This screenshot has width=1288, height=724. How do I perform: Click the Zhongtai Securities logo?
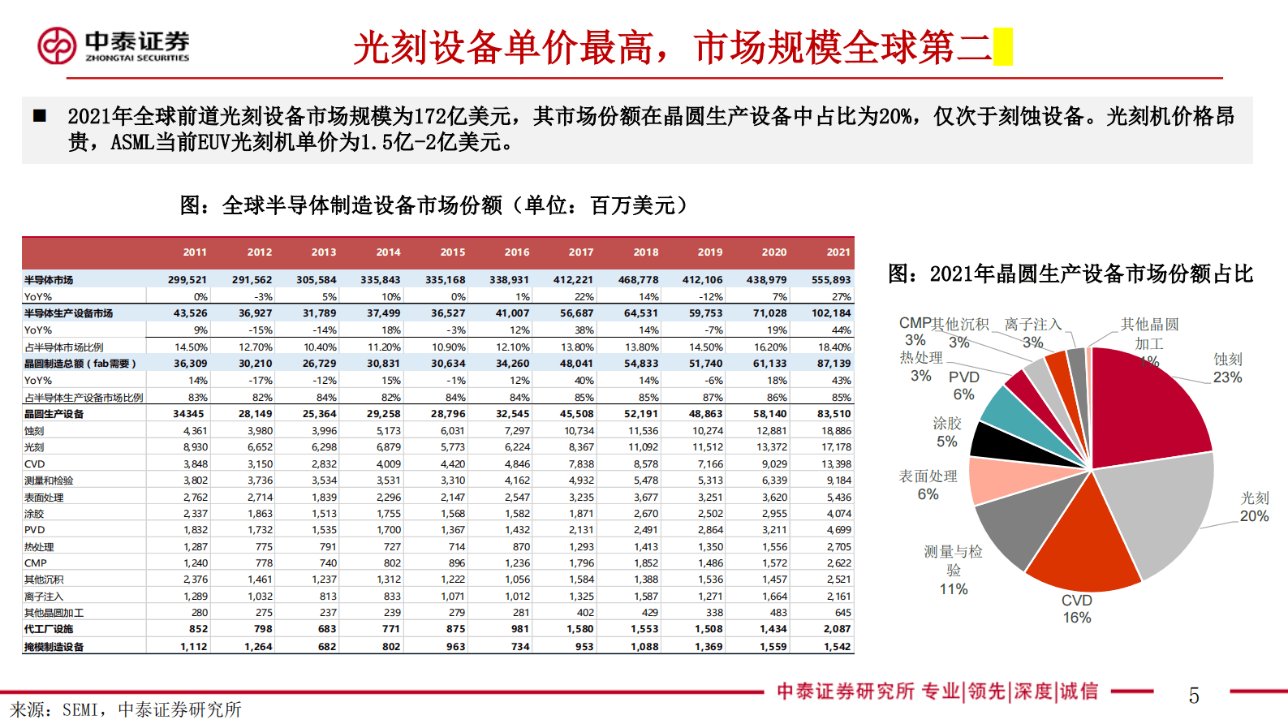(x=113, y=45)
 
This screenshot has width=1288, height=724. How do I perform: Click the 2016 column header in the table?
(x=517, y=252)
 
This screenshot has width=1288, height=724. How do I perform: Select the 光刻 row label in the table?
(x=34, y=447)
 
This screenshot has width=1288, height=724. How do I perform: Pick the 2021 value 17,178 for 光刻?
(x=836, y=447)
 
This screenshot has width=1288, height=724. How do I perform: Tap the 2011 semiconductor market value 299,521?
(x=187, y=280)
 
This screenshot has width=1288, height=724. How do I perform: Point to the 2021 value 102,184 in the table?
(x=831, y=313)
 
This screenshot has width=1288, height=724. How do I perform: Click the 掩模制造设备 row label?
(x=54, y=647)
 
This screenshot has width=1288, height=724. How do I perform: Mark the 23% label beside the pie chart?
(x=1227, y=377)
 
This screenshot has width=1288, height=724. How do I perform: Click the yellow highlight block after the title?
(x=1003, y=47)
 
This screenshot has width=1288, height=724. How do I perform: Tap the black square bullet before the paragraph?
(x=39, y=116)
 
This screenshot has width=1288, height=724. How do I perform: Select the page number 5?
(x=1194, y=696)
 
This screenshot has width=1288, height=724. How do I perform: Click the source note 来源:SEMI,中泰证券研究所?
(x=126, y=710)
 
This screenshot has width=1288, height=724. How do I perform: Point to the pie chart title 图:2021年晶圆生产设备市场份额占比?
(x=1070, y=274)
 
